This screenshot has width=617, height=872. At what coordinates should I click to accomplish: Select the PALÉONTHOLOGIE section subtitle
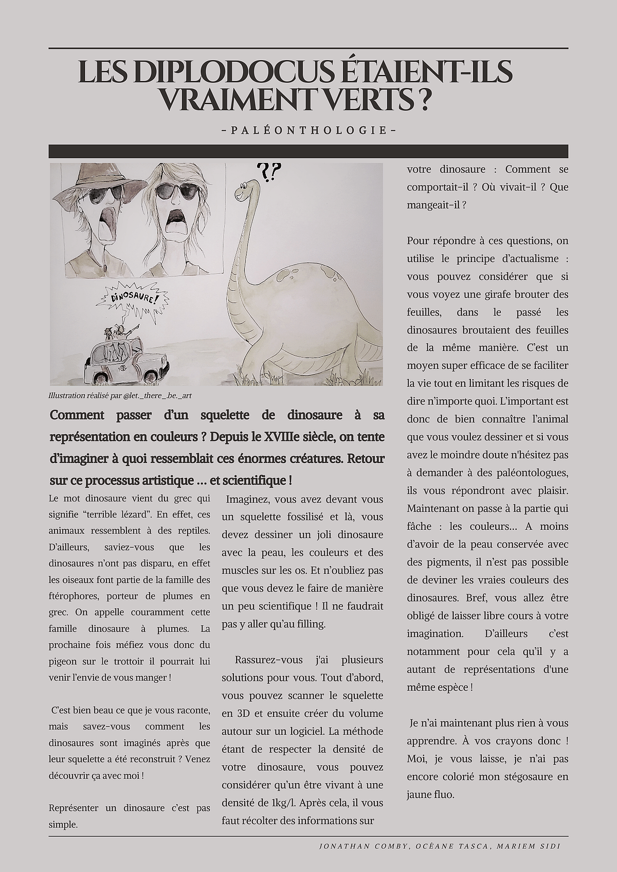tap(308, 131)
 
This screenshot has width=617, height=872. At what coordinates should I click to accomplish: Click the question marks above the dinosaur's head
tap(268, 173)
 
